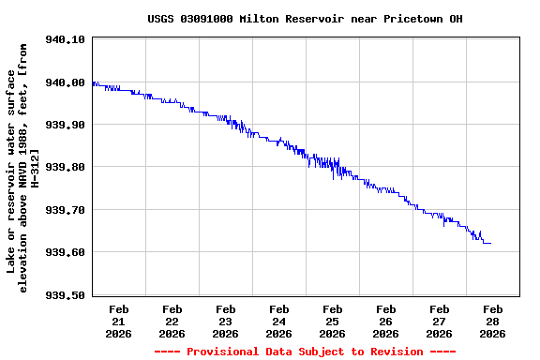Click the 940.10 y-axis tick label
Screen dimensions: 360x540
(x=66, y=40)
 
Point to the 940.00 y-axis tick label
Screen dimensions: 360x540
(x=66, y=82)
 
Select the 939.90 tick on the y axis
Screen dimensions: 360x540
(x=66, y=125)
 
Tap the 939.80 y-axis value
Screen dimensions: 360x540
(x=66, y=167)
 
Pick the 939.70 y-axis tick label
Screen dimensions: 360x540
(x=66, y=210)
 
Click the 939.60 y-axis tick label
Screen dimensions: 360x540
(x=66, y=252)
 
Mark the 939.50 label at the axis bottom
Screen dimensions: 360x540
(x=66, y=294)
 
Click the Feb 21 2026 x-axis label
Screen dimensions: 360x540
(x=119, y=321)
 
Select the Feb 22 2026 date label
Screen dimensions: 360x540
(x=172, y=321)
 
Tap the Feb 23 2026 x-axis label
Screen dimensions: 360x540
(x=226, y=321)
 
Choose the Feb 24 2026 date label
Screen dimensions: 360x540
(x=279, y=321)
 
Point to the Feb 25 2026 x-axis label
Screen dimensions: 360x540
(x=333, y=321)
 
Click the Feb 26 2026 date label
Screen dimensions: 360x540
(x=386, y=321)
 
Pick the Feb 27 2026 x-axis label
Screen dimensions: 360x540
(x=440, y=321)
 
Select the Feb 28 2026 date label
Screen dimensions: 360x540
(x=493, y=321)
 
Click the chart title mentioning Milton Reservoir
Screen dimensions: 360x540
(x=305, y=19)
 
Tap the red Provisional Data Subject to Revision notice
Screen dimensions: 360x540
(x=305, y=352)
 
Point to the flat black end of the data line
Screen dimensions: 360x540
(x=487, y=244)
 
